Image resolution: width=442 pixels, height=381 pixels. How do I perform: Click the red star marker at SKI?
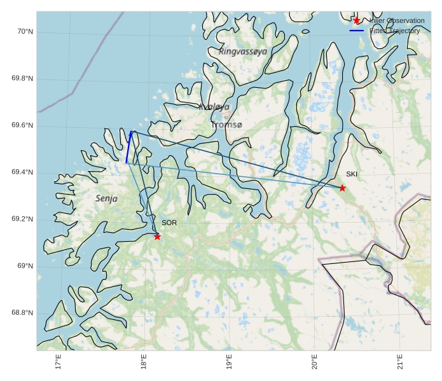[x=342, y=188]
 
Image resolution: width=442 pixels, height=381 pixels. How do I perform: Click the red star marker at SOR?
[x=157, y=237]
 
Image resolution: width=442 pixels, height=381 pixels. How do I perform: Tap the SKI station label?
[x=352, y=174]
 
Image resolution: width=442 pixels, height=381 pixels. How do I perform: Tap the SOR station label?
[x=169, y=223]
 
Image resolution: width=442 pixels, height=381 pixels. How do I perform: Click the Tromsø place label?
[x=226, y=125]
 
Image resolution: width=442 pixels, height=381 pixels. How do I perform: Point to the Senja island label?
[x=107, y=198]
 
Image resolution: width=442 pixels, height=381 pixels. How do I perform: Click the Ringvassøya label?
[x=243, y=51]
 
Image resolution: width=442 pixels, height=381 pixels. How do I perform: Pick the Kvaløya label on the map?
[x=214, y=107]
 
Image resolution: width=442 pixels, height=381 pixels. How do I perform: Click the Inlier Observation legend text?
[x=397, y=21]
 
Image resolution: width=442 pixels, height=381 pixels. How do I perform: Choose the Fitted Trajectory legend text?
[x=394, y=31]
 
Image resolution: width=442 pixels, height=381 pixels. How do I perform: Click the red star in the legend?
[x=356, y=21]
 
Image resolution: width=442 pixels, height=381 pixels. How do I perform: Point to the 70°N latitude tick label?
[x=24, y=32]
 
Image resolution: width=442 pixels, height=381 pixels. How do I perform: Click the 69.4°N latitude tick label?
[x=22, y=172]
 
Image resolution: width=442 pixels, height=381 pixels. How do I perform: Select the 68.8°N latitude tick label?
[x=22, y=313]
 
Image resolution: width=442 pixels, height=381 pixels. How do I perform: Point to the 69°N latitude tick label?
[x=24, y=266]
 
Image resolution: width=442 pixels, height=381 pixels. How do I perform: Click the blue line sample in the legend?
[x=356, y=31]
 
